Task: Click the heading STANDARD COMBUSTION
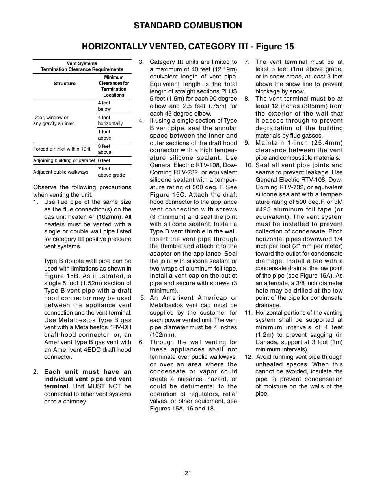[188, 26]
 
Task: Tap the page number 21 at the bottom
[188, 473]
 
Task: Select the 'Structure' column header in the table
[65, 84]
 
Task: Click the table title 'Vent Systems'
[82, 63]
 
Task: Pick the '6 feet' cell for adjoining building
[104, 160]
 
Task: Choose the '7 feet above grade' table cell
[111, 172]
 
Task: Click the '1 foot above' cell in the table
[104, 135]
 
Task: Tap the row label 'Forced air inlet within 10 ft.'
[62, 149]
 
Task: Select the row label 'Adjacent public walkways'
[61, 172]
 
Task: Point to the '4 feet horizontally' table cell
[110, 120]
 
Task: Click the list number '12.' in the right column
[248, 357]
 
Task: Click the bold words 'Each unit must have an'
[87, 372]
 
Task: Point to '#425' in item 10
[263, 209]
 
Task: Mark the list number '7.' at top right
[247, 62]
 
